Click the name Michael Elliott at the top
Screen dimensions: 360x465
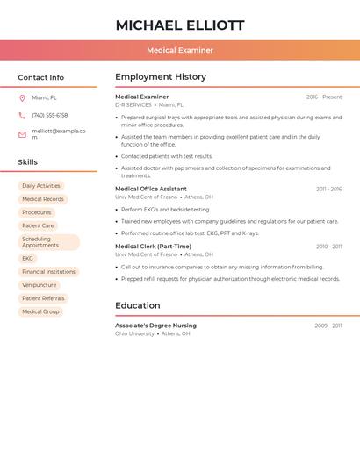[180, 25]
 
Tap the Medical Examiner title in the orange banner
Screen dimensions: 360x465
[180, 50]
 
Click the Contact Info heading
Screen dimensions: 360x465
[41, 77]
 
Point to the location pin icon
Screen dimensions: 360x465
[22, 98]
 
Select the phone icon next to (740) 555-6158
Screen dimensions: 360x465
[22, 115]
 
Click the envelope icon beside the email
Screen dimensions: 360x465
[22, 134]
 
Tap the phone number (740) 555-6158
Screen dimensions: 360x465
[49, 115]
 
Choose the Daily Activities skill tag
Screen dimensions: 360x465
[41, 186]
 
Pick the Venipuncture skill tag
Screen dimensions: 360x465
[39, 285]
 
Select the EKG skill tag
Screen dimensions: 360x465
[27, 259]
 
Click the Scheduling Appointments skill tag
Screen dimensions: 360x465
[47, 242]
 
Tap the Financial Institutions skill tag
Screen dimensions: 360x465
[48, 272]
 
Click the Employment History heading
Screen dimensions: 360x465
[161, 77]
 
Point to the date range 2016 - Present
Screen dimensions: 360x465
[324, 97]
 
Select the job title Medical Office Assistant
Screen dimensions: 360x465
[151, 189]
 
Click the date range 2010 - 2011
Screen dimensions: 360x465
[329, 247]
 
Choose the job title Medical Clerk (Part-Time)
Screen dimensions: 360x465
[153, 247]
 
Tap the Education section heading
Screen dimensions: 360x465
[138, 305]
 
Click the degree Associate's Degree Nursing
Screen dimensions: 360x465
[155, 325]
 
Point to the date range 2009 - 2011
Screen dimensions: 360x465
[328, 325]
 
